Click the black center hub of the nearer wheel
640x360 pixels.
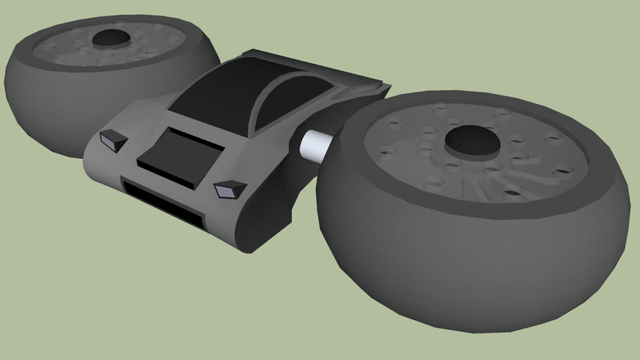coord(472,140)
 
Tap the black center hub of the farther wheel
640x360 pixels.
coord(110,38)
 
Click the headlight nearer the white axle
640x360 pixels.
coord(230,188)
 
